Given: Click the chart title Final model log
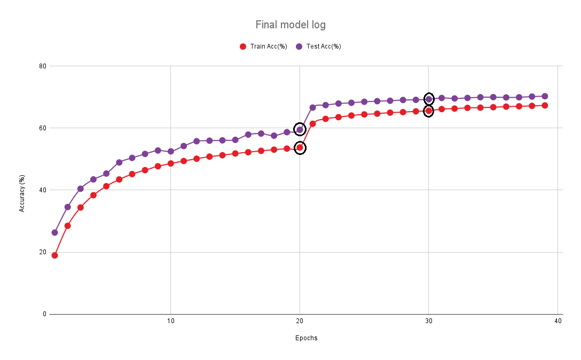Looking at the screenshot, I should tap(290, 25).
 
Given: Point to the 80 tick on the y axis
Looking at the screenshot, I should tap(43, 66).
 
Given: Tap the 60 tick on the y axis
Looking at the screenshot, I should tap(43, 128).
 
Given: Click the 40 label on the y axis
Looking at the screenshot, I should tap(43, 190).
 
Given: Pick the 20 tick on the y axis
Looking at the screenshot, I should tap(43, 252).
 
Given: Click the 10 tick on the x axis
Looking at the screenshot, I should tap(170, 321).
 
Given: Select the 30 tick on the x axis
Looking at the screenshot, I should tap(428, 321).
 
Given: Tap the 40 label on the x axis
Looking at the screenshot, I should tap(558, 321).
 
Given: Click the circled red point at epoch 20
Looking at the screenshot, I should tap(300, 148).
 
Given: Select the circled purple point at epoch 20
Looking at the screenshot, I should tap(300, 129).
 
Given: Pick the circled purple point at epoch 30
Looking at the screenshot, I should tap(428, 99).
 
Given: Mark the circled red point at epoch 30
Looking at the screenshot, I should tap(428, 111).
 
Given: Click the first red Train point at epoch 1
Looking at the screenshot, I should tap(54, 255).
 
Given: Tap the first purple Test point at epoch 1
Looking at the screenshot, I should tap(54, 232).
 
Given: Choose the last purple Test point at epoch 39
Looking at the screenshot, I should tap(545, 96).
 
